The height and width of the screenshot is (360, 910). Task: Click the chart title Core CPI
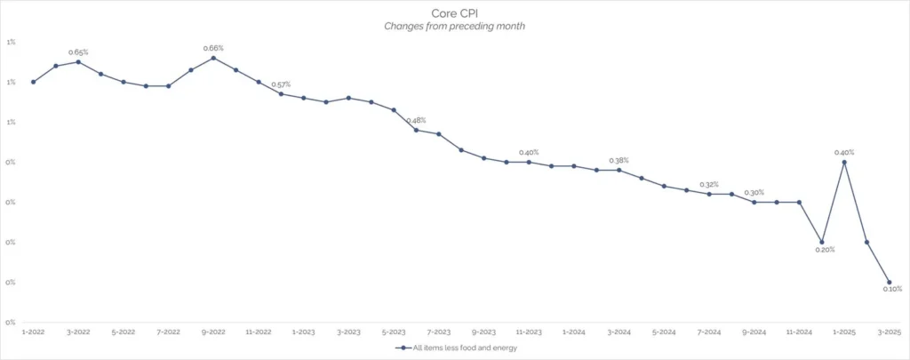[x=456, y=14]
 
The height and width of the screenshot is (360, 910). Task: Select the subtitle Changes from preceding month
[x=455, y=27]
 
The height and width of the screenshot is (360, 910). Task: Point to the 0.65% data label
[x=78, y=52]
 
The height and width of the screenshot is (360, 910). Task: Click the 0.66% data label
[x=213, y=48]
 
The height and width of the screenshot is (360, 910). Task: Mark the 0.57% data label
[x=281, y=84]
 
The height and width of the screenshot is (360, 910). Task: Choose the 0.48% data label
[x=416, y=121]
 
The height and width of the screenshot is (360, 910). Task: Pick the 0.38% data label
[x=619, y=161]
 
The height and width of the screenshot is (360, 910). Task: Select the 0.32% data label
[x=709, y=185]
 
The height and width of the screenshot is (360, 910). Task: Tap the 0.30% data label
[x=754, y=193]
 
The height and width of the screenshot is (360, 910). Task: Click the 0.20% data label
[x=825, y=251]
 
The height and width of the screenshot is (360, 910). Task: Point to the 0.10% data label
[x=892, y=289]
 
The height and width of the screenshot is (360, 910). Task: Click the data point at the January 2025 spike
[x=843, y=162]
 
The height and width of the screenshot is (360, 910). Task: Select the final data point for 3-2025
[x=889, y=282]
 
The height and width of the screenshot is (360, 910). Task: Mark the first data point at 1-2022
[x=33, y=82]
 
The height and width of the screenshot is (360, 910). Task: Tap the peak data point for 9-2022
[x=213, y=58]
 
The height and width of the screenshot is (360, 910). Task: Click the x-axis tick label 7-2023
[x=438, y=332]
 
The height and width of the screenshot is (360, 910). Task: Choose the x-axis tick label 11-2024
[x=799, y=332]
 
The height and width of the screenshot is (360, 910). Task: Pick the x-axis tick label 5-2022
[x=124, y=332]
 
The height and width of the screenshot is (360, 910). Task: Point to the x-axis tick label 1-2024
[x=573, y=332]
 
